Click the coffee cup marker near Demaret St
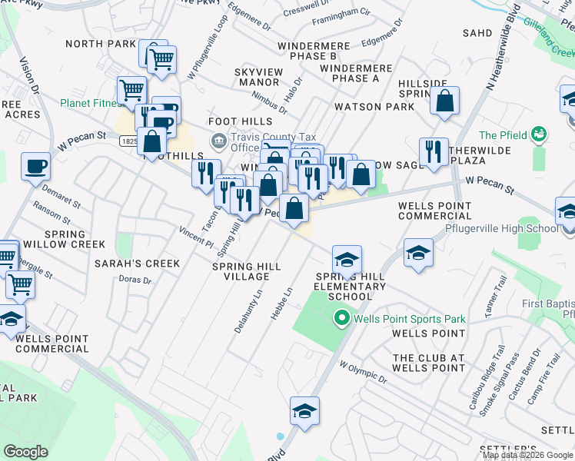[x=35, y=167]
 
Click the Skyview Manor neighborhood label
[x=257, y=77]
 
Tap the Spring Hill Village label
[x=246, y=271]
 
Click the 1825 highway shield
[x=130, y=141]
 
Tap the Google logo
[x=25, y=452]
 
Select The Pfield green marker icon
[x=539, y=134]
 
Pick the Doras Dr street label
[x=135, y=280]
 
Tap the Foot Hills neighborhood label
[x=241, y=121]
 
